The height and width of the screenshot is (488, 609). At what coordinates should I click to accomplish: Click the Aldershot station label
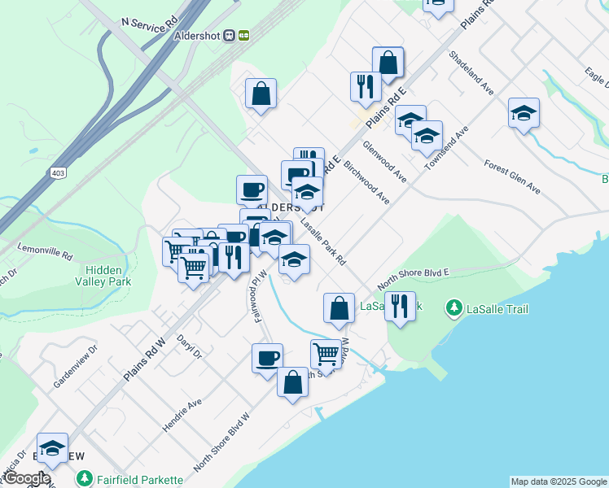(199, 36)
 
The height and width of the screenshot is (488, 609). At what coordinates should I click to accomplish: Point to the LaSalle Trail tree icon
(454, 309)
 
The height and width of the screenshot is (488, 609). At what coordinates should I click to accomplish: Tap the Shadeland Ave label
(472, 73)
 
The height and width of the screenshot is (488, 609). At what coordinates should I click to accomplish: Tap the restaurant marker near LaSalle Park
(399, 306)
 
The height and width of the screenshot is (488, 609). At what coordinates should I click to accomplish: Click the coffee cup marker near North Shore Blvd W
(267, 358)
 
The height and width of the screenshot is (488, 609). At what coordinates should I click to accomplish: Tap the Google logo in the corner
(26, 478)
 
